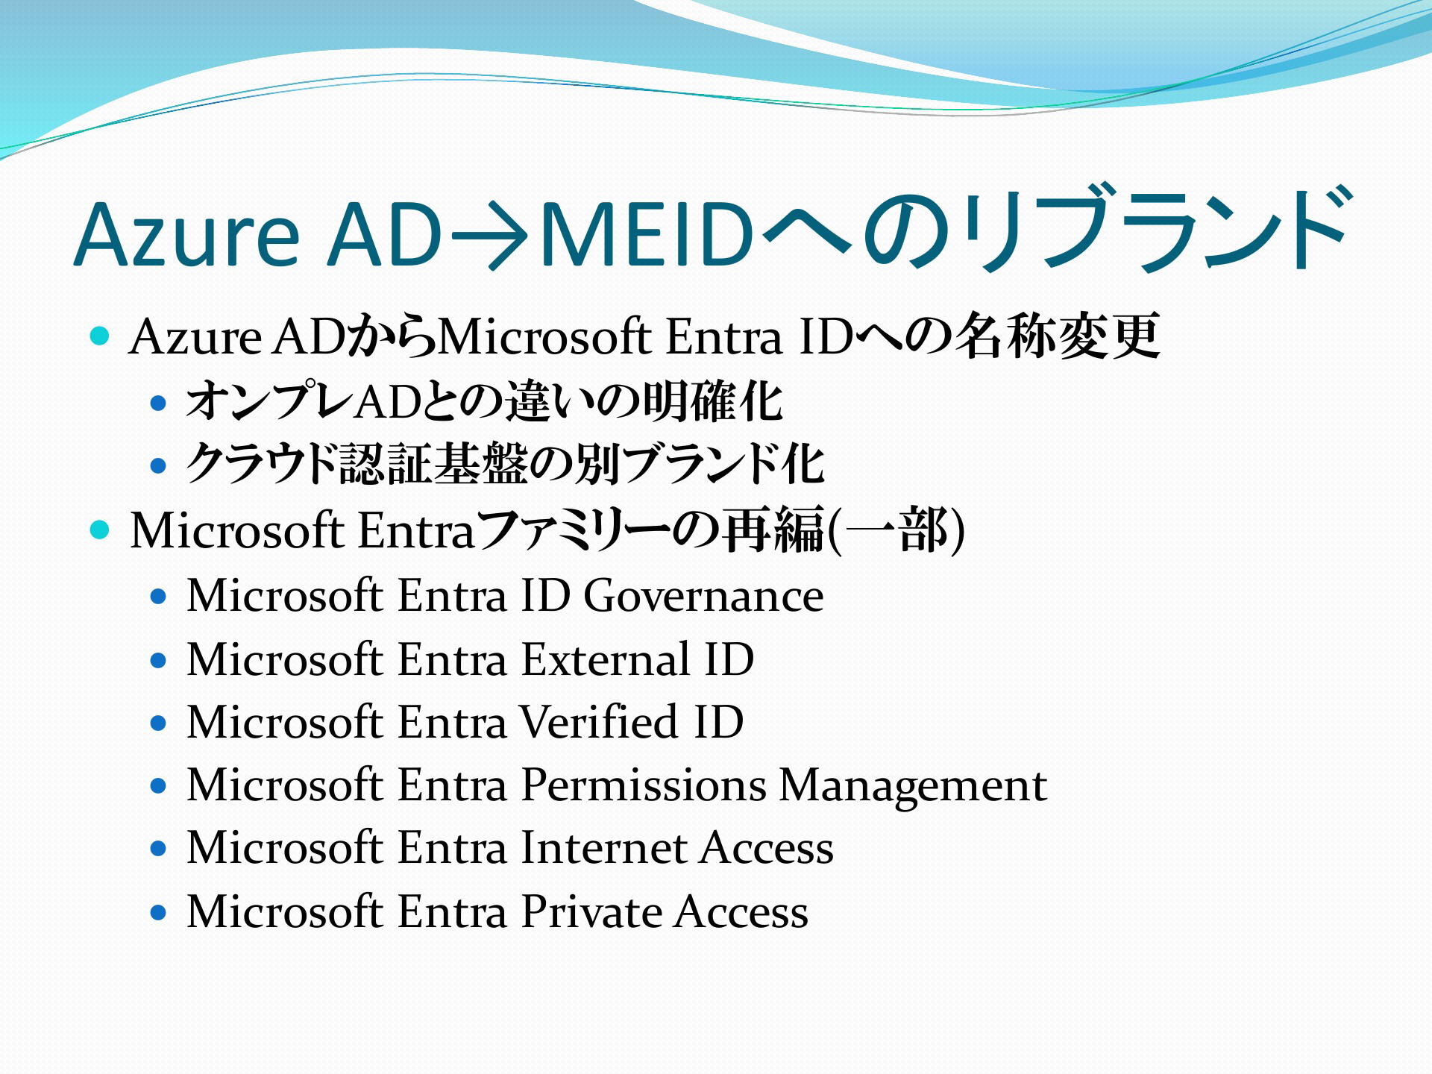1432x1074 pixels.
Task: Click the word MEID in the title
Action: [646, 233]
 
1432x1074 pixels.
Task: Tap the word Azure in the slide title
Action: [187, 233]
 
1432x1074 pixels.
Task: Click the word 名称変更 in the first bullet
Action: [1058, 336]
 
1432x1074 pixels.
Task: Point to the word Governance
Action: [703, 596]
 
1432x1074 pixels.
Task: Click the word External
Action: [606, 659]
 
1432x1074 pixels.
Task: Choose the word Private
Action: [591, 911]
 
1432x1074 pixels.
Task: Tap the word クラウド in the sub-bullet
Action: [262, 464]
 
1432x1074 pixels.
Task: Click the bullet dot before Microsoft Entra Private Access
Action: [157, 912]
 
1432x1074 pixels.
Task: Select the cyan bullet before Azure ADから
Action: [99, 336]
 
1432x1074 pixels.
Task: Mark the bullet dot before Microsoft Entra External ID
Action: [157, 660]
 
